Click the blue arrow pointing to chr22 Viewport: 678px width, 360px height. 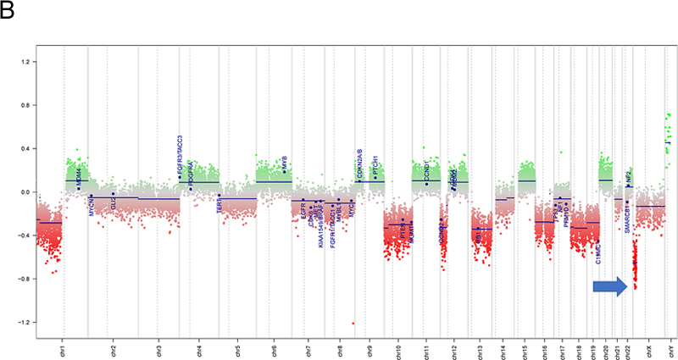[609, 288]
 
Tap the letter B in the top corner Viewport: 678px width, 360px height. [8, 9]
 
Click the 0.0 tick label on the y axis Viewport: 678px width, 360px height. [24, 192]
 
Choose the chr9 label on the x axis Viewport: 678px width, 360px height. [370, 349]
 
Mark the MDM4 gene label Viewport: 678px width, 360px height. [79, 179]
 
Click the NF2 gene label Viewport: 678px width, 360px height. [629, 177]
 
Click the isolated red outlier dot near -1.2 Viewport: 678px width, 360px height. [353, 323]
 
